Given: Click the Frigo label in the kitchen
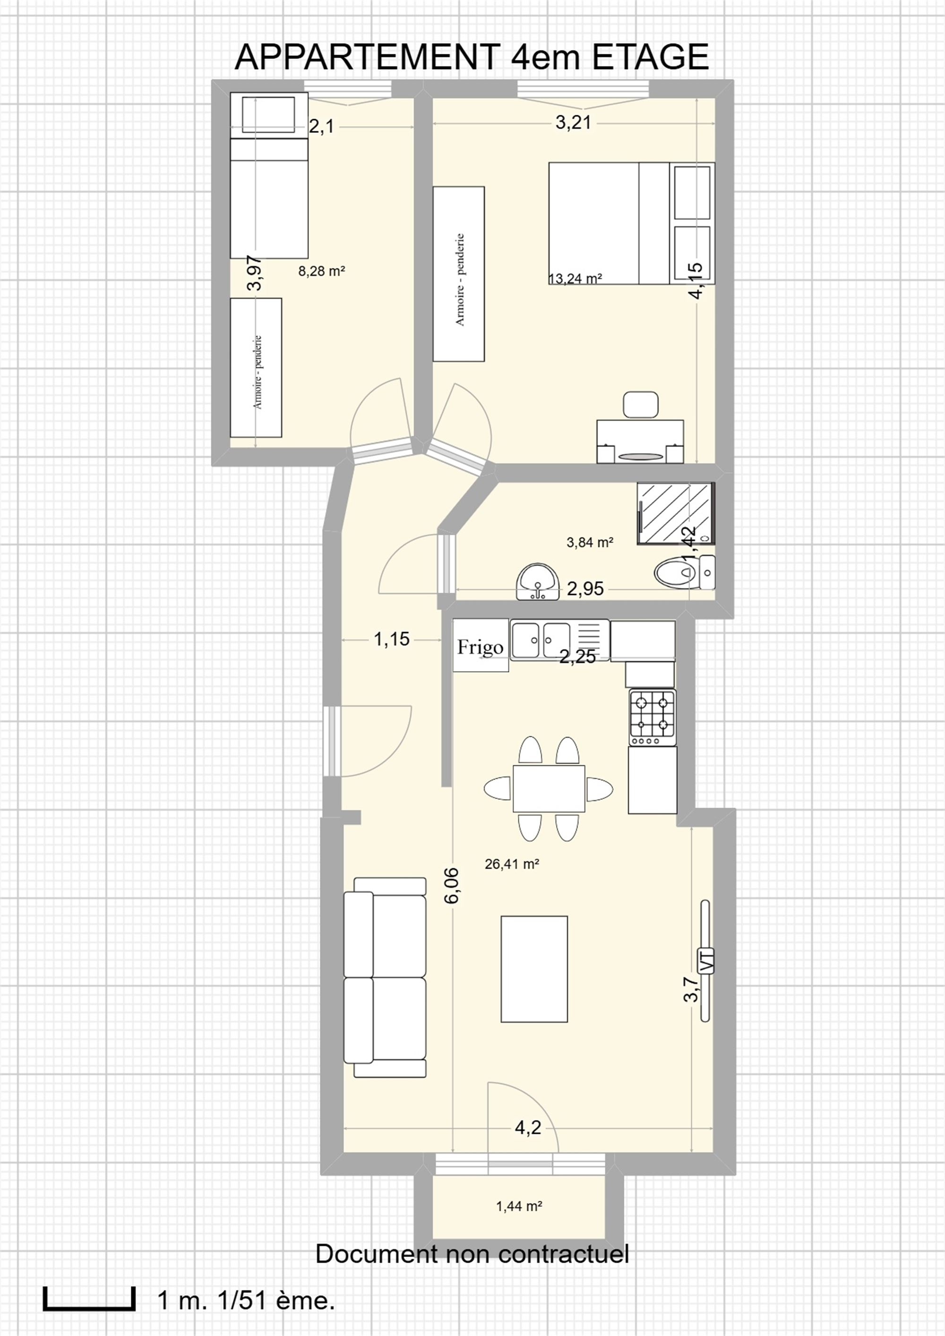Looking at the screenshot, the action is [x=480, y=647].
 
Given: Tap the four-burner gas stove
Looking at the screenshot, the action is [x=653, y=717].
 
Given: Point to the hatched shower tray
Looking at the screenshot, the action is [x=676, y=514].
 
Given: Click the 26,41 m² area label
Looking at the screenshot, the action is [x=512, y=864].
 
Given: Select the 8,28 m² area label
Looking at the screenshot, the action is [x=322, y=271].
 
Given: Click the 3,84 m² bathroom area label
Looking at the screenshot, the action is [x=590, y=543].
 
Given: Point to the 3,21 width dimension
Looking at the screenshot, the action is [x=574, y=123].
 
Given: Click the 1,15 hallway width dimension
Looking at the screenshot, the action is [x=392, y=639].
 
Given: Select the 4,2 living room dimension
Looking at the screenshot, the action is [x=528, y=1128].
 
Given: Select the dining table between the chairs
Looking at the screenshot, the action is [x=549, y=788].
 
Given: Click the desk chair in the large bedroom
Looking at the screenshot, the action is [x=641, y=405].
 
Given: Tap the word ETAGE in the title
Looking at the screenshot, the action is [x=650, y=57].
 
